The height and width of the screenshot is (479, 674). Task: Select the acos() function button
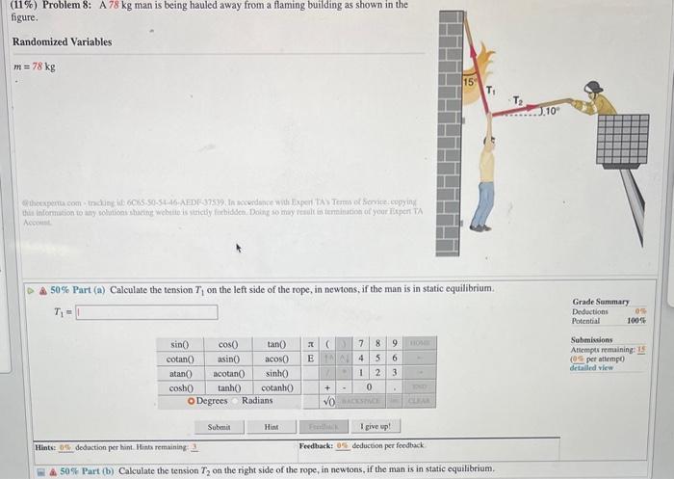277,359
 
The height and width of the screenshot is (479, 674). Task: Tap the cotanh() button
277,387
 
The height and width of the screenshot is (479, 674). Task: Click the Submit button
219,426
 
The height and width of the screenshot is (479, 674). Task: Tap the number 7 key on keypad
360,344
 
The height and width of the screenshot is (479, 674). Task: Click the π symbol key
309,344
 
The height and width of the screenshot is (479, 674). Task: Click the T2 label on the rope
517,100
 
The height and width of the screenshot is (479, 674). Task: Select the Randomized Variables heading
62,42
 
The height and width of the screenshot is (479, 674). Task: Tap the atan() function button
179,373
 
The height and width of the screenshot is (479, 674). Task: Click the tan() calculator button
277,344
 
